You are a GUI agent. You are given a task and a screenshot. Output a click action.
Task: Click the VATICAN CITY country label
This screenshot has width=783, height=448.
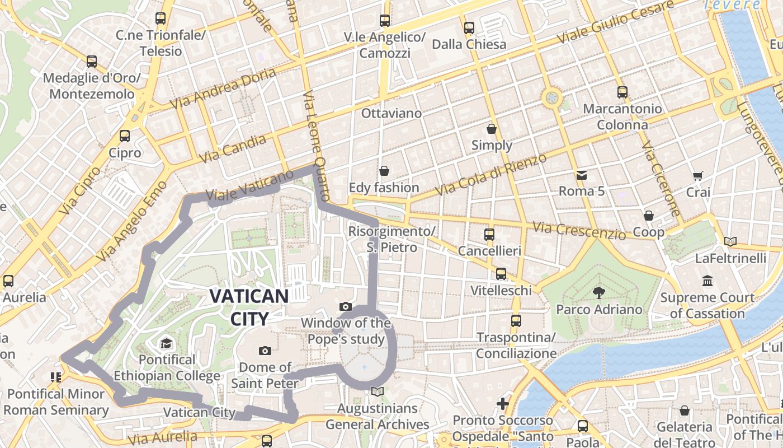(249, 307)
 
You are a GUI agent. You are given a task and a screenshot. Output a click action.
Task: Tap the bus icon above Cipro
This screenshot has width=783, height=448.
(125, 136)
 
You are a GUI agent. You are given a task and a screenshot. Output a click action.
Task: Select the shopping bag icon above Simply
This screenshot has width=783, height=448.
(492, 129)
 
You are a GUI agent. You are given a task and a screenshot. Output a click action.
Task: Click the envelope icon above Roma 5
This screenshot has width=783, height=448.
(582, 175)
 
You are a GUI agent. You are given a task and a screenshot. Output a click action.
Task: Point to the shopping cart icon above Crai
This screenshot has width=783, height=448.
(697, 176)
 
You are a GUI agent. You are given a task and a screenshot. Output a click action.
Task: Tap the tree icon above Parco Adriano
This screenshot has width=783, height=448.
(599, 292)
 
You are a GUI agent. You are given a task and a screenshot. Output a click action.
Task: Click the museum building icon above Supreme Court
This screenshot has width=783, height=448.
(707, 281)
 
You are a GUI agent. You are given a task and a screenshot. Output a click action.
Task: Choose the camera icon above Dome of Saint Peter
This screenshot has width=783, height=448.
(265, 351)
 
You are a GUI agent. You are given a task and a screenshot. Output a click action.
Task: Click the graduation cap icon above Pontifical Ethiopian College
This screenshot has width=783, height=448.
(166, 343)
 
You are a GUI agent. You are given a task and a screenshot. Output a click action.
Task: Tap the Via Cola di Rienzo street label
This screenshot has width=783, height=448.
(490, 174)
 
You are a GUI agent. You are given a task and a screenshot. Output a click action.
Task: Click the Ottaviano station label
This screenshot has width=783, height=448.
(391, 113)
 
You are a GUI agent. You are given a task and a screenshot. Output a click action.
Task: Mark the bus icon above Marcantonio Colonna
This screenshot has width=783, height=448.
(622, 92)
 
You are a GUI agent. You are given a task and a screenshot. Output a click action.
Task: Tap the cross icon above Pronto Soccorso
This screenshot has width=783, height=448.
(503, 403)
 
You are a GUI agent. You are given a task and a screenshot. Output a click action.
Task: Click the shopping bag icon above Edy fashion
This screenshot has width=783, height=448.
(384, 171)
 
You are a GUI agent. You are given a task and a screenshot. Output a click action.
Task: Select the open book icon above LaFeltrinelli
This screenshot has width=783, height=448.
(730, 242)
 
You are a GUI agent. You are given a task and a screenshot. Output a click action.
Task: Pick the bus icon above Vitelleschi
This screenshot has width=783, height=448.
(501, 274)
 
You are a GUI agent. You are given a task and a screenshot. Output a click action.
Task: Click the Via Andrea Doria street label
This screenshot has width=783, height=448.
(223, 88)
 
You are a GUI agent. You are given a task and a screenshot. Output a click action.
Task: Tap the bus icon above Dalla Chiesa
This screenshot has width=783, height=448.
(469, 27)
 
